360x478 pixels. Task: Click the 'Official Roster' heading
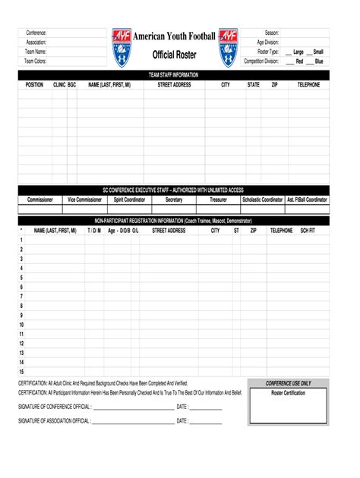[174, 55]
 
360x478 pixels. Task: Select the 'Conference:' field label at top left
[36, 33]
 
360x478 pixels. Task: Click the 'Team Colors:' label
[35, 61]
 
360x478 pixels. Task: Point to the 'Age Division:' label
[268, 42]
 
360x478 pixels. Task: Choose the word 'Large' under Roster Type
[298, 52]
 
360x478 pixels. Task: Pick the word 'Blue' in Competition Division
[319, 61]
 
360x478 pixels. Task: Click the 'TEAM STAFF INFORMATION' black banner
[174, 75]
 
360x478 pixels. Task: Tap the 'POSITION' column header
[34, 85]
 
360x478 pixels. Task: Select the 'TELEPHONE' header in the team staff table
[308, 85]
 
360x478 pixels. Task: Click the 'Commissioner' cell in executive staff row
[40, 200]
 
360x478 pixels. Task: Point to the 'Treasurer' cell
[219, 200]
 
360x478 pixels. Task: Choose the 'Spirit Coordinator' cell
[129, 200]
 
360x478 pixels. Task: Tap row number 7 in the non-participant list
[21, 297]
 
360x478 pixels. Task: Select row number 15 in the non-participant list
[21, 372]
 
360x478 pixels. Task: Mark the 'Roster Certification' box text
[288, 393]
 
